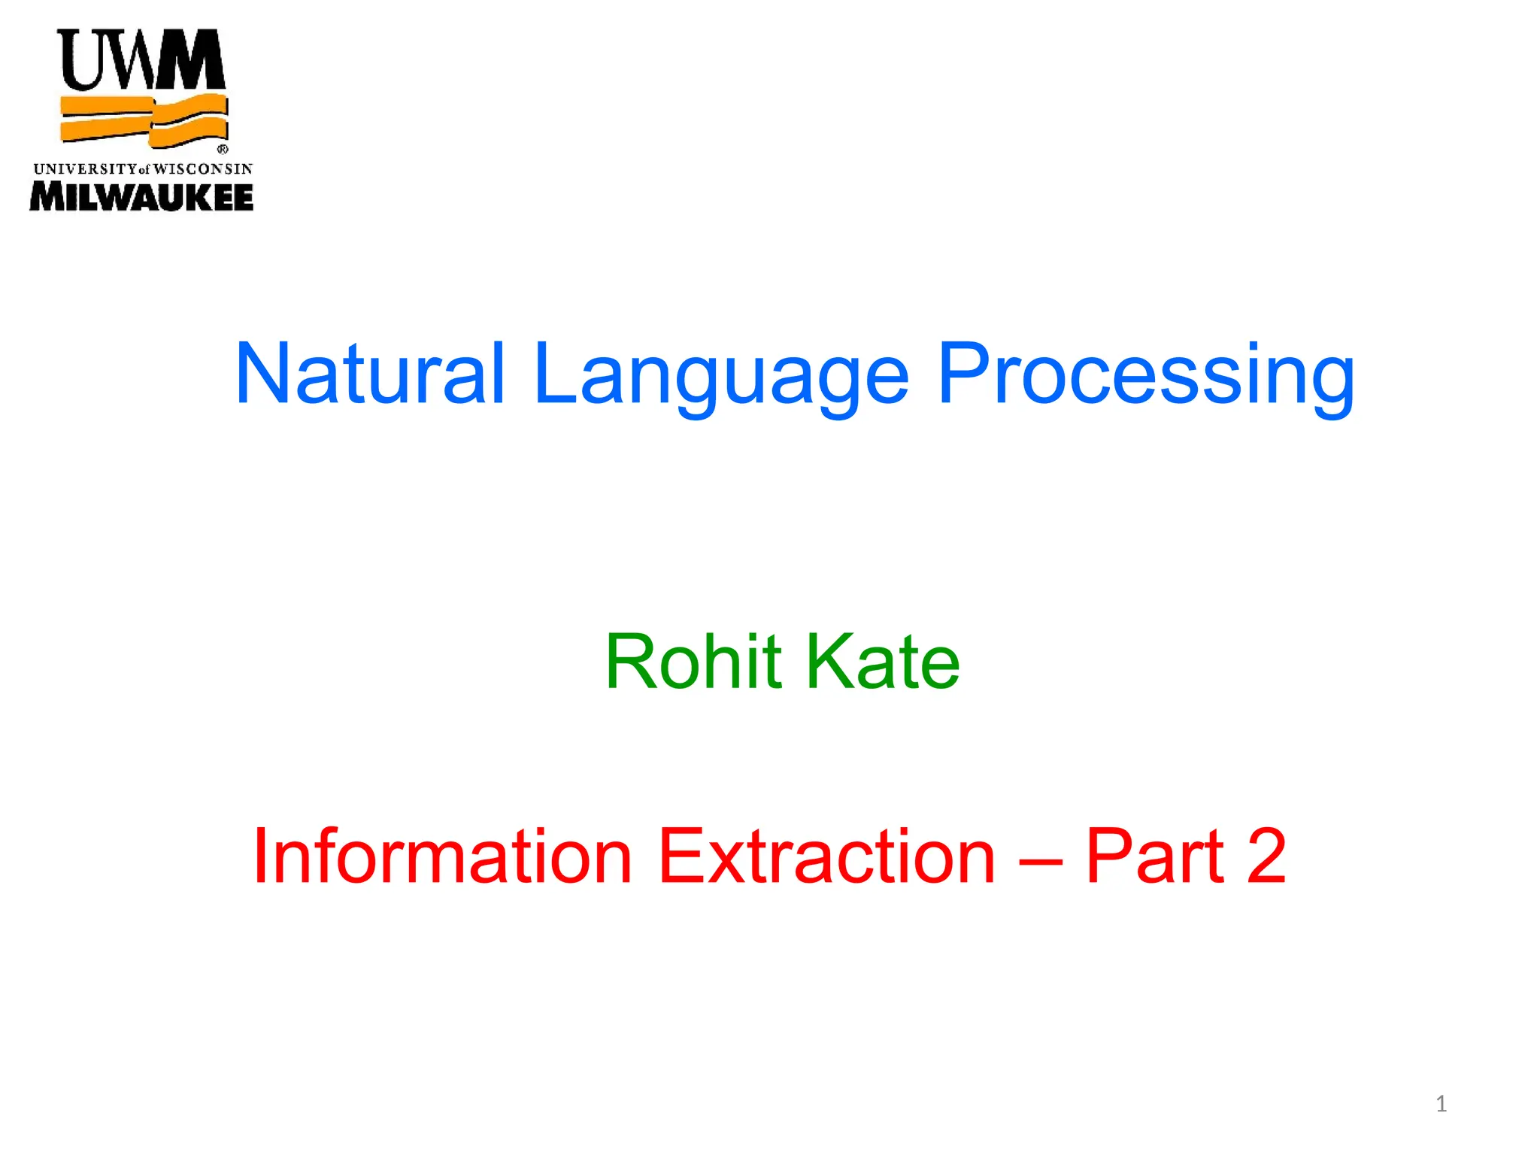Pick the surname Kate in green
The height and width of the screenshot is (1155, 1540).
click(x=883, y=662)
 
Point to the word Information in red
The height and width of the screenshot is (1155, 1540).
click(x=442, y=857)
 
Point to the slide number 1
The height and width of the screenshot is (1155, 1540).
click(x=1441, y=1104)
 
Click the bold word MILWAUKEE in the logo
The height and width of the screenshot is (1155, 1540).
click(x=141, y=198)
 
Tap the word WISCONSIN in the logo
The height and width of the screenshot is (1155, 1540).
click(x=203, y=169)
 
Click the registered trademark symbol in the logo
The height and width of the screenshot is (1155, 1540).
click(x=223, y=150)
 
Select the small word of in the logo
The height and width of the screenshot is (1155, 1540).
click(x=144, y=170)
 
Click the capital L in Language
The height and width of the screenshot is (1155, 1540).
click(x=554, y=374)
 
